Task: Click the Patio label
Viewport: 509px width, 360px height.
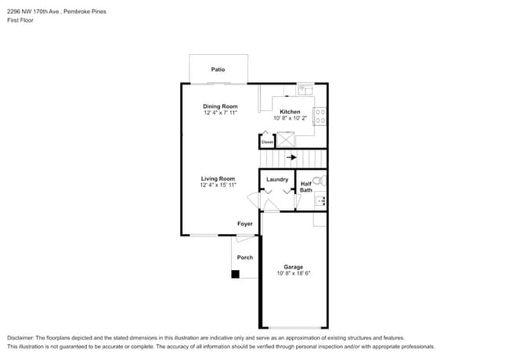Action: click(x=218, y=70)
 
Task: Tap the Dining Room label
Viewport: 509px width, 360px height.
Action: click(x=220, y=106)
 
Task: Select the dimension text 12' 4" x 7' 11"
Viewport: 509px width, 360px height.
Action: click(x=220, y=113)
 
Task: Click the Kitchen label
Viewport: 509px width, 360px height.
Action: click(x=291, y=111)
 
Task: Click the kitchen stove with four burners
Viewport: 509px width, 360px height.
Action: click(x=320, y=117)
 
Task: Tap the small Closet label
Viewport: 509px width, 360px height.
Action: click(x=267, y=142)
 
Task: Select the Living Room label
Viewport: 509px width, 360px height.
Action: click(x=218, y=178)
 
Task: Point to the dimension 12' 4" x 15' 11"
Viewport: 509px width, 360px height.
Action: click(x=218, y=185)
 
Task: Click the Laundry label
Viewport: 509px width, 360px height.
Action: click(x=277, y=179)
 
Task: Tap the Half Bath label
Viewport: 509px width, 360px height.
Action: click(x=306, y=187)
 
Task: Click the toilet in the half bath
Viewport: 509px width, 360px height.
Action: click(x=319, y=181)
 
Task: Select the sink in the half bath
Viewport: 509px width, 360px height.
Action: click(x=319, y=201)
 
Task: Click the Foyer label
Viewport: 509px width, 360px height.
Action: click(x=245, y=224)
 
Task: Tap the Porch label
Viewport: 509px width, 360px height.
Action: click(x=245, y=257)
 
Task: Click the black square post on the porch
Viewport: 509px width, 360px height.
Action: click(x=235, y=274)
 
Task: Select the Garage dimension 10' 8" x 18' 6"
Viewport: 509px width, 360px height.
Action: click(x=294, y=274)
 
